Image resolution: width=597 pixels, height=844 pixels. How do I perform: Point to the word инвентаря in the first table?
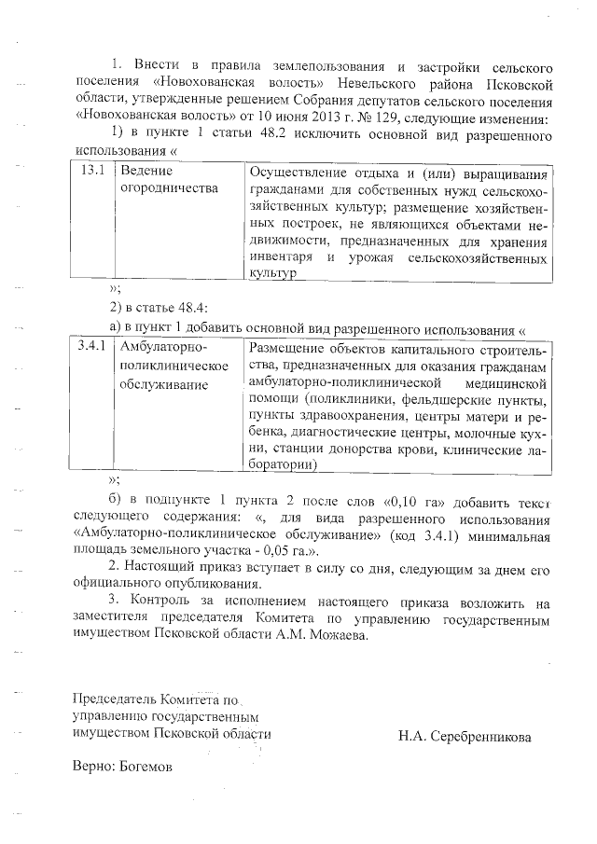281,256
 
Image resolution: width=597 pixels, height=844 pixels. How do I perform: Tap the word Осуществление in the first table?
298,173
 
